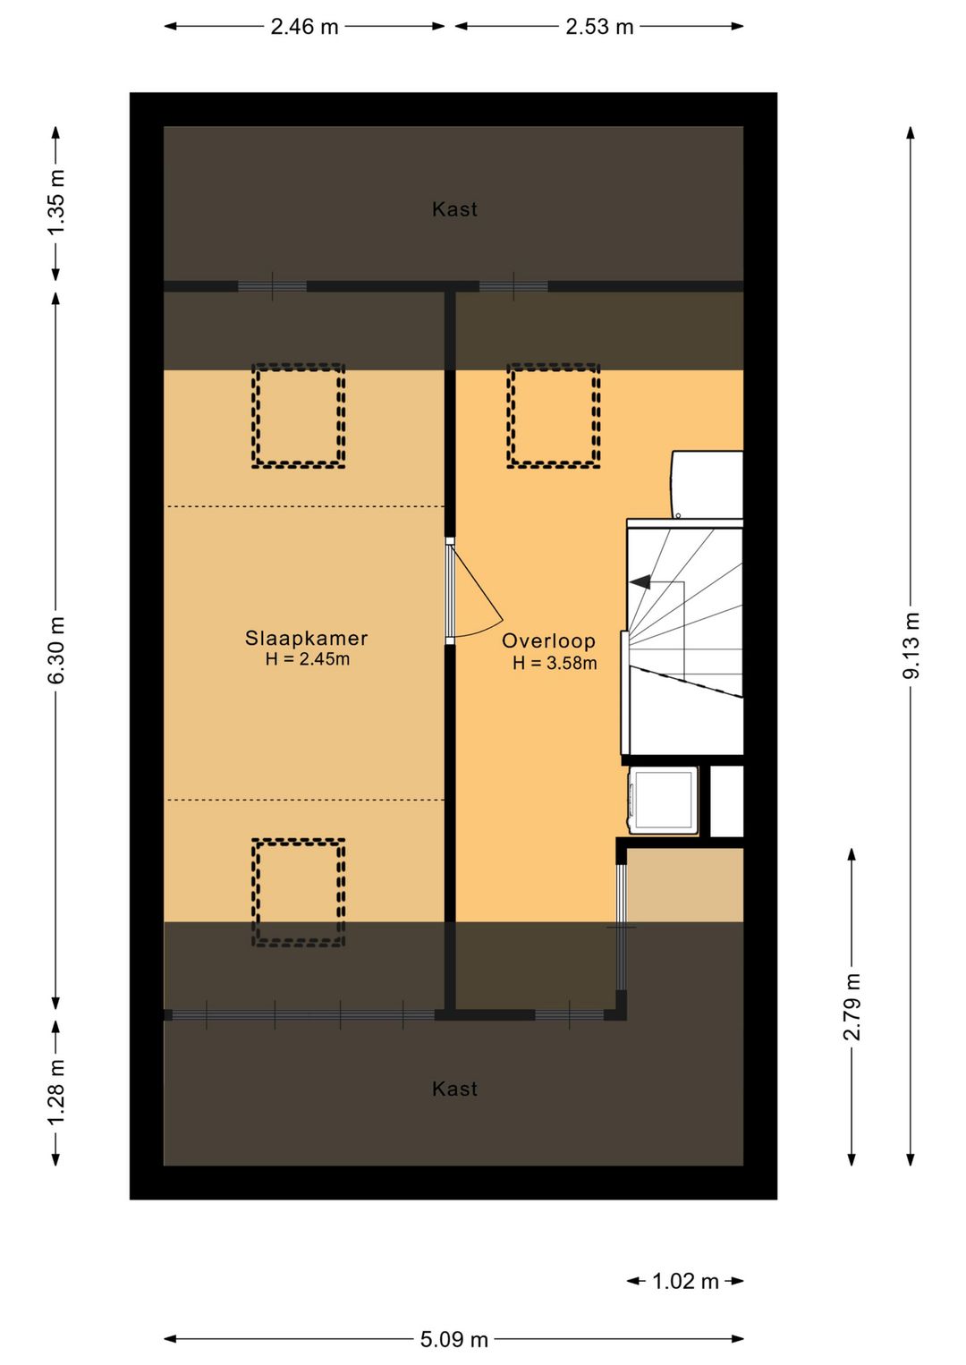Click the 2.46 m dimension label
point(304,27)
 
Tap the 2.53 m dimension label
point(599,27)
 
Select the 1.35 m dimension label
point(56,202)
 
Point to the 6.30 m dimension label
point(56,649)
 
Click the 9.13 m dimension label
point(911,646)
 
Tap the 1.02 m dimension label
point(685,1282)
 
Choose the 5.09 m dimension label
point(454,1339)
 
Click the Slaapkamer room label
point(306,638)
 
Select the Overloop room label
point(548,640)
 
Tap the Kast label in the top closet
point(454,209)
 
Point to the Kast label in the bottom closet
point(454,1089)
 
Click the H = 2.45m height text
point(308,658)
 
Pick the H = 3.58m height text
point(555,663)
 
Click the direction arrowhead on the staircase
point(640,582)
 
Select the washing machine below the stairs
point(663,800)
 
